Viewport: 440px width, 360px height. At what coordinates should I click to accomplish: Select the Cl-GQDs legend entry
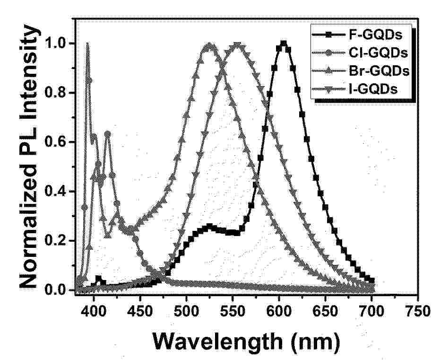[x=360, y=53]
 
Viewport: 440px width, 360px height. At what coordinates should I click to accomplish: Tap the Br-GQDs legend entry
[x=361, y=71]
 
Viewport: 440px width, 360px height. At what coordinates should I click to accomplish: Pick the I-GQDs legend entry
[x=354, y=89]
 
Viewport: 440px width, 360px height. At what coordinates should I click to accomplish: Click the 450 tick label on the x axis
[x=140, y=312]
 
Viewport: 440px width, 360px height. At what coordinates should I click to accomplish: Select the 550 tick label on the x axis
[x=233, y=312]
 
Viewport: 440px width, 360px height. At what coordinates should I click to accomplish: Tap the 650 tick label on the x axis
[x=325, y=312]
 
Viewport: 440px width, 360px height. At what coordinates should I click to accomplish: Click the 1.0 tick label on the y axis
[x=57, y=44]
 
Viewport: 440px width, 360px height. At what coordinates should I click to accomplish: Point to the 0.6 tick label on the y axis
[x=57, y=142]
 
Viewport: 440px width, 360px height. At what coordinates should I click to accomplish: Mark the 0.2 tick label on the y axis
[x=57, y=241]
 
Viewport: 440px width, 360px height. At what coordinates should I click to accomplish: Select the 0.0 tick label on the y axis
[x=57, y=290]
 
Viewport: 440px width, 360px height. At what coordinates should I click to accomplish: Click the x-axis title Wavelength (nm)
[x=246, y=342]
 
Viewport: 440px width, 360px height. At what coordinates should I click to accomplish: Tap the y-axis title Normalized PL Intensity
[x=28, y=157]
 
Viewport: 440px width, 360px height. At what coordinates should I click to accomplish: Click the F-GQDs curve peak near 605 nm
[x=284, y=44]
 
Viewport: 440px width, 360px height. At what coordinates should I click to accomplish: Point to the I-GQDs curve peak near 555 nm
[x=237, y=45]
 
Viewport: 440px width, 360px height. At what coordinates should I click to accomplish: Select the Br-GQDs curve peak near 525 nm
[x=209, y=45]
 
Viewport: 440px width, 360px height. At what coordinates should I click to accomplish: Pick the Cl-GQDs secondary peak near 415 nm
[x=107, y=134]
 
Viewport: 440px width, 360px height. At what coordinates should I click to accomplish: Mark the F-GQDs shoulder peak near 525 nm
[x=209, y=226]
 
